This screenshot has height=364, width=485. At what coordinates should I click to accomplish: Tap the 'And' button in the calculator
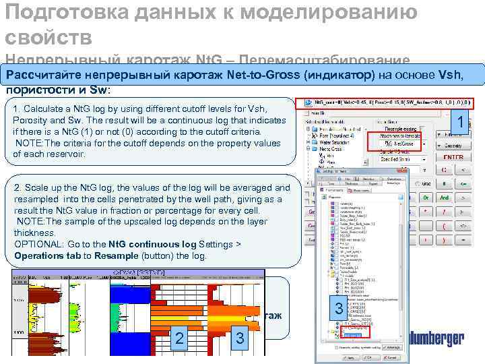click(x=445, y=198)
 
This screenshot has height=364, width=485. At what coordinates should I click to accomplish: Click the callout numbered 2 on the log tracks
click(x=179, y=336)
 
